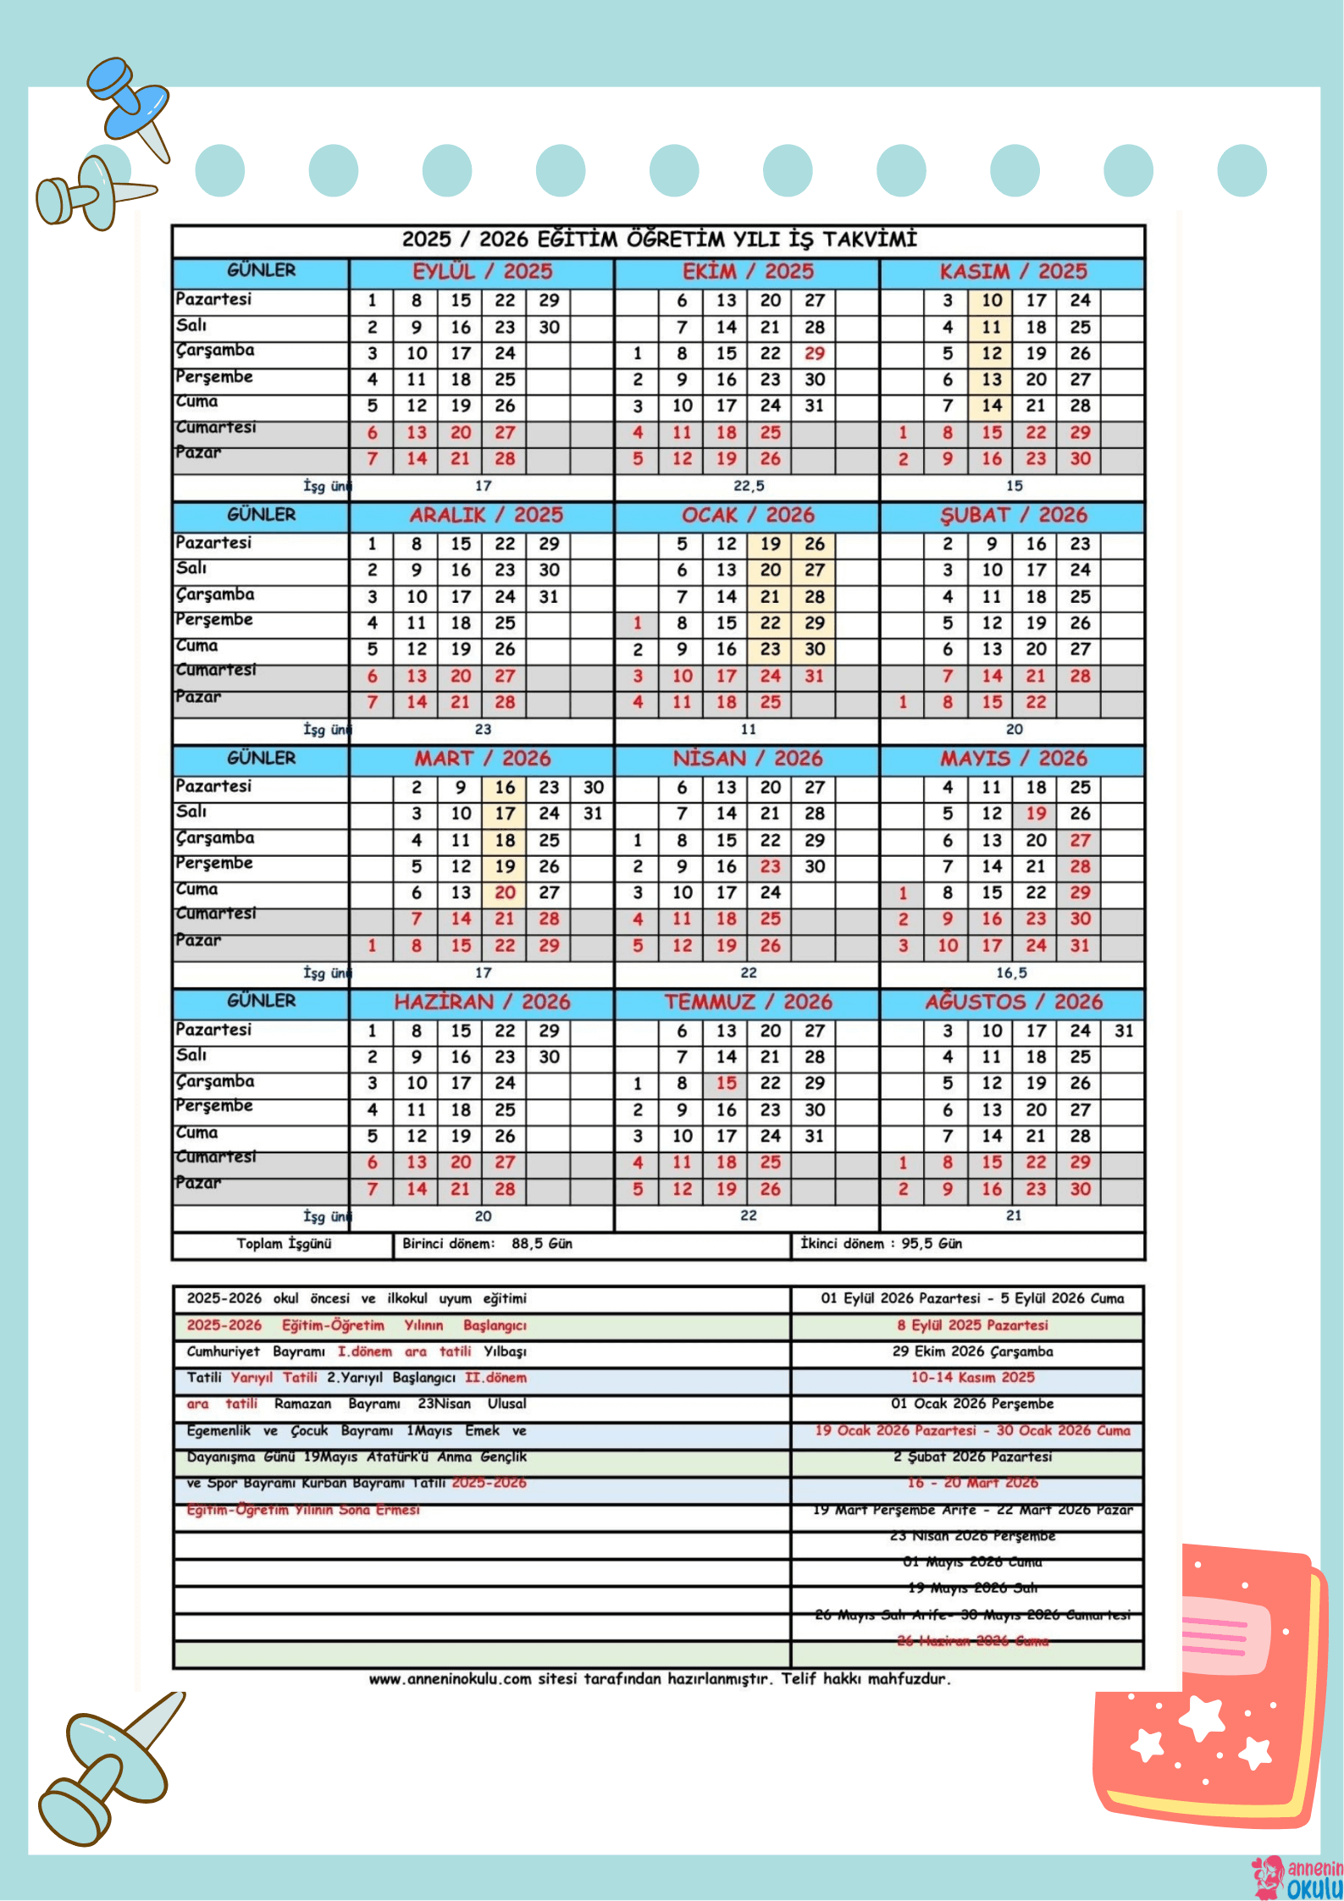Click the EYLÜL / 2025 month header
pyautogui.click(x=482, y=272)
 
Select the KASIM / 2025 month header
pyautogui.click(x=1013, y=272)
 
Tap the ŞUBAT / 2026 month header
pyautogui.click(x=1013, y=515)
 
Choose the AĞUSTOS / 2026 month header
pyautogui.click(x=1013, y=1002)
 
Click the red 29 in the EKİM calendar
pyautogui.click(x=814, y=353)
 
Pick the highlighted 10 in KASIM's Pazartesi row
pyautogui.click(x=992, y=301)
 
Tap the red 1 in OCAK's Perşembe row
pyautogui.click(x=638, y=623)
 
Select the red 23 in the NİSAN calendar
pyautogui.click(x=770, y=866)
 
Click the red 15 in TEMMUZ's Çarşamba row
pyautogui.click(x=726, y=1083)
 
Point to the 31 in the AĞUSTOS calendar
pyautogui.click(x=1124, y=1031)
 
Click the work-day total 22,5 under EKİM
pyautogui.click(x=749, y=486)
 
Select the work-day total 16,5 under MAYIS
pyautogui.click(x=1012, y=973)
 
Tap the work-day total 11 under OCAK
pyautogui.click(x=749, y=729)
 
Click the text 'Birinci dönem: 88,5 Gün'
pyautogui.click(x=487, y=1243)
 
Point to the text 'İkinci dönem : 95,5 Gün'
pyautogui.click(x=881, y=1243)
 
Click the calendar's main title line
pyautogui.click(x=659, y=240)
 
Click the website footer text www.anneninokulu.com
pyautogui.click(x=659, y=1679)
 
